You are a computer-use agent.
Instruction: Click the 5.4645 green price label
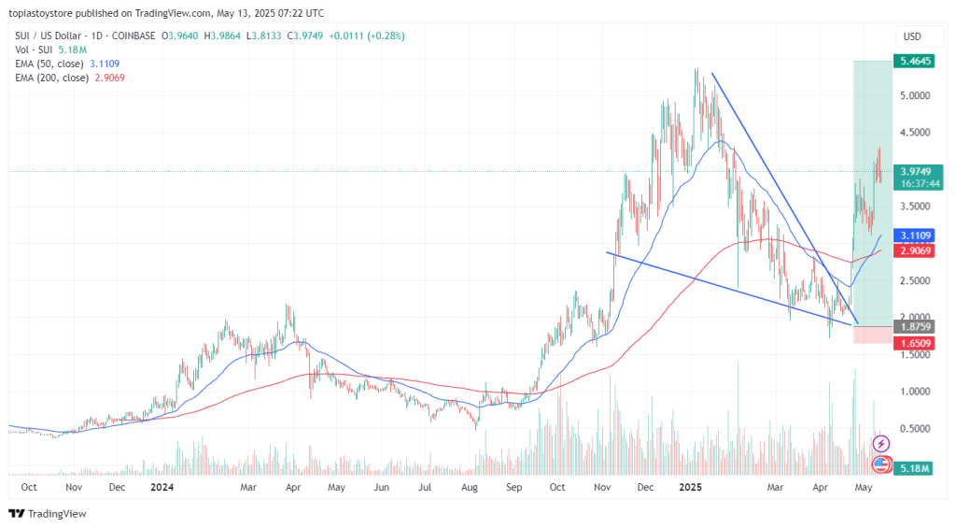pos(912,61)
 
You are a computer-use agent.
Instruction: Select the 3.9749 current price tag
pos(912,171)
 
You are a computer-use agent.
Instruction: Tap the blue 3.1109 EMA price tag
pos(912,235)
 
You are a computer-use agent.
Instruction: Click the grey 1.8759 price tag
pos(912,326)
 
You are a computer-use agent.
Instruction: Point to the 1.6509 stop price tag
pos(912,343)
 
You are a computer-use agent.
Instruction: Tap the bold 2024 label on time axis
pos(162,488)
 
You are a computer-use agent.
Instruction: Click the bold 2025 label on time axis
pos(690,488)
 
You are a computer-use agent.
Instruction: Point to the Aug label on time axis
pos(469,488)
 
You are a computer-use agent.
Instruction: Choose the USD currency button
pos(912,36)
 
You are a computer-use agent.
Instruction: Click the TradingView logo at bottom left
pos(48,513)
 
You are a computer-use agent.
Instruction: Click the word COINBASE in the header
pos(128,36)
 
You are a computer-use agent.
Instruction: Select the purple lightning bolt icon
pos(880,443)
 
